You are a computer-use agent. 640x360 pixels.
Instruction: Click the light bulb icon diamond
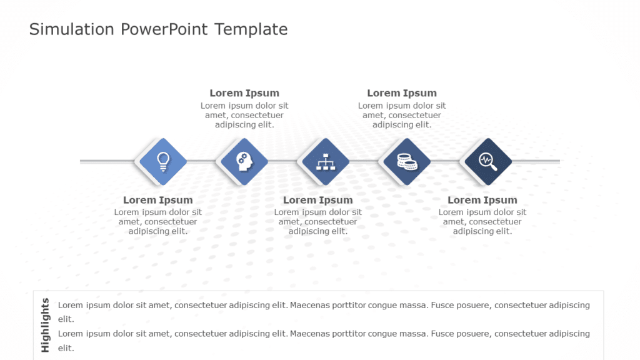(162, 161)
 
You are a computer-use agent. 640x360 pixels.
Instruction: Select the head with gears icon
(242, 161)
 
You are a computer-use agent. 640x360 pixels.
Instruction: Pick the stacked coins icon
(406, 162)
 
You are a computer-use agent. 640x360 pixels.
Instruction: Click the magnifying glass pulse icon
(486, 161)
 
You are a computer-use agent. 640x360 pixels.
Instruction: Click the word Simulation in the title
(71, 29)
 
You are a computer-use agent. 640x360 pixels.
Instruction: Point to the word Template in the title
(251, 29)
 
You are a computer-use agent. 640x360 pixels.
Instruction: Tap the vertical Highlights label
(45, 325)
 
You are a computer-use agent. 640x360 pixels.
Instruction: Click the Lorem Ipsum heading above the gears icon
(244, 93)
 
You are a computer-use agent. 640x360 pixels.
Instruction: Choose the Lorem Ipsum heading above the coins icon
(402, 93)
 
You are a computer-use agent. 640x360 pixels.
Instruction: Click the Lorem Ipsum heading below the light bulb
(157, 200)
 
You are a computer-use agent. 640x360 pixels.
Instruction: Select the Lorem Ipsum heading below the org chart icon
(317, 200)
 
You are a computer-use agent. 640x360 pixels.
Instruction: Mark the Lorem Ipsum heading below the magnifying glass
(482, 200)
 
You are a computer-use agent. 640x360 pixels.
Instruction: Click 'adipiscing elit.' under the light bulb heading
(157, 231)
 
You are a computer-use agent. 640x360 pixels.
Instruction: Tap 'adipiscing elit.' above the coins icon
(402, 124)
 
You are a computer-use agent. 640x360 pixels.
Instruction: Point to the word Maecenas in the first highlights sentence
(311, 305)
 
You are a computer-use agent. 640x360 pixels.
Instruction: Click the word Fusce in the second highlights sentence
(444, 334)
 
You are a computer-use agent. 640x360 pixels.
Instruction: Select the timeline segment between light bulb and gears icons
(202, 161)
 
